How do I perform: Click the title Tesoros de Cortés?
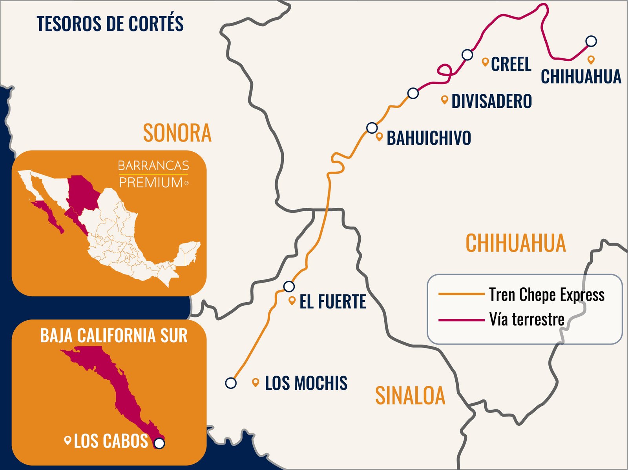110,24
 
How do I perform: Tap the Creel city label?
511,64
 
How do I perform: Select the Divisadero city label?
491,101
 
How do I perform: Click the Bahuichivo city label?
429,138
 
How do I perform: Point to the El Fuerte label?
332,301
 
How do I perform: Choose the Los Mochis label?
306,383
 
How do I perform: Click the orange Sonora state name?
177,133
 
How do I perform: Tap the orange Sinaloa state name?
410,395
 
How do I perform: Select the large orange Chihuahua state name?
516,243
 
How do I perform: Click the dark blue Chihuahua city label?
581,76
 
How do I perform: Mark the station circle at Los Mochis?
231,383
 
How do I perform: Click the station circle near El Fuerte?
289,287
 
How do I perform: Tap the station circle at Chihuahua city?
591,41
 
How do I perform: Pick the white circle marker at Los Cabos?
159,443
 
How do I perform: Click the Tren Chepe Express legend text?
546,295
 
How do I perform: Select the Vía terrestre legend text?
527,319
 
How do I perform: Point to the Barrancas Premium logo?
153,174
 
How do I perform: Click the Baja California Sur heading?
114,336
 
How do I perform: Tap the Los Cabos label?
111,441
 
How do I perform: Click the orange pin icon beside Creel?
485,62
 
